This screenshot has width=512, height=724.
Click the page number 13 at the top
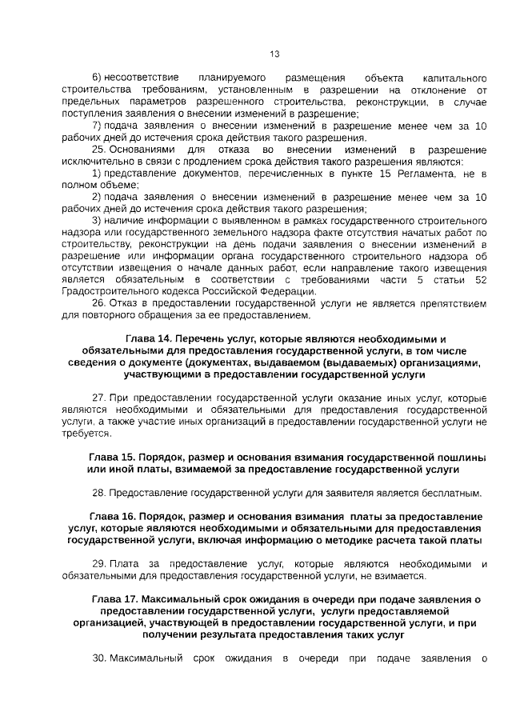tap(274, 54)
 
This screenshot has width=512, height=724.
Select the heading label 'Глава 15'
tap(112, 456)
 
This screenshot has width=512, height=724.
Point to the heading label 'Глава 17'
tap(118, 599)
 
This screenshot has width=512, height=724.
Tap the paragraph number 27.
tap(98, 398)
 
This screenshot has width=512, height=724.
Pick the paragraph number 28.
tap(98, 492)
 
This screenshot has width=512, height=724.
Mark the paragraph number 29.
tap(98, 564)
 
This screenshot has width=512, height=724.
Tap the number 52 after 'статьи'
tap(480, 280)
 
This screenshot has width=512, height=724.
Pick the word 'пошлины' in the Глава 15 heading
tap(459, 456)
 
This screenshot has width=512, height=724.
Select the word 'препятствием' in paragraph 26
tap(447, 303)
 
